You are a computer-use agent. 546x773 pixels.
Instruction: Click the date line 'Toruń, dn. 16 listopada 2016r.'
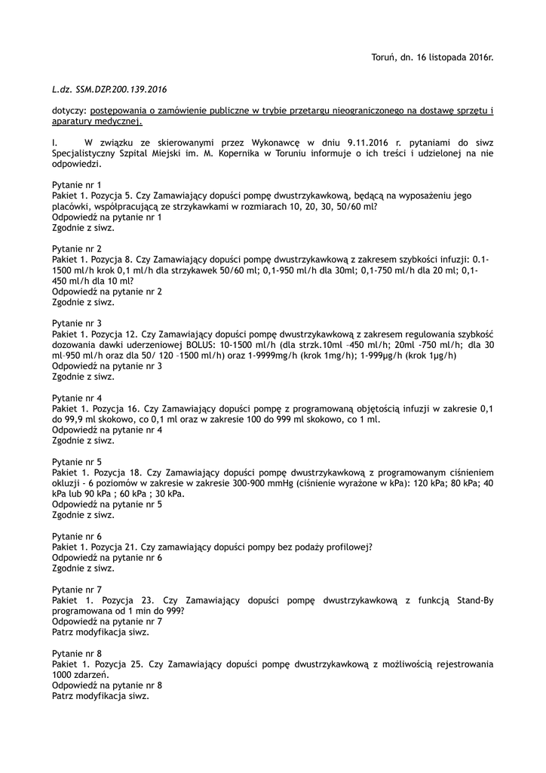433,57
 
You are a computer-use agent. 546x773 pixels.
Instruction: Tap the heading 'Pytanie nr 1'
77,185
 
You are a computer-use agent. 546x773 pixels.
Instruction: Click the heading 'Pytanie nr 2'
77,248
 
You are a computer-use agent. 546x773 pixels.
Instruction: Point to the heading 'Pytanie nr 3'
77,323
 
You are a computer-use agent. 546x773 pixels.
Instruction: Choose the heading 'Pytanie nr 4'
77,398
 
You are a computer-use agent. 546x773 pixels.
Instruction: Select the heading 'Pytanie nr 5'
77,461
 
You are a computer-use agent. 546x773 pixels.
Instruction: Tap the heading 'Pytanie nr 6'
77,536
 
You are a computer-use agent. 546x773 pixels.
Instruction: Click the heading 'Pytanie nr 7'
77,590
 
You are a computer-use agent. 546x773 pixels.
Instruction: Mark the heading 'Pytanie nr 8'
77,653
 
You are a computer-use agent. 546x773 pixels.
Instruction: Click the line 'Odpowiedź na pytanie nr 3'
107,366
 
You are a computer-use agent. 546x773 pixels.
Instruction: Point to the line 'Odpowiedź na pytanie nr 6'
107,558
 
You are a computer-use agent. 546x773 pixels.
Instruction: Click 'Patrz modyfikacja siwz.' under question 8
100,697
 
